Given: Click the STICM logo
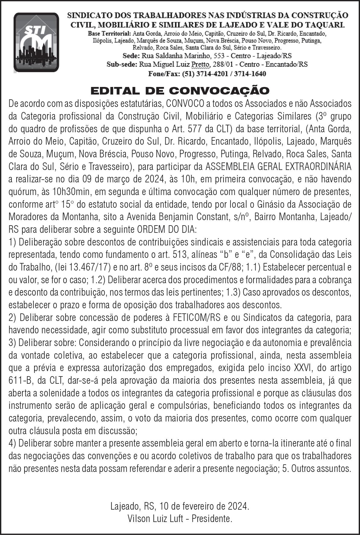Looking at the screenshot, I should pyautogui.click(x=36, y=42).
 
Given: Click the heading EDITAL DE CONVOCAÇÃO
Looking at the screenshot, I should pyautogui.click(x=180, y=91).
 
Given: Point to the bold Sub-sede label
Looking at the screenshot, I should pyautogui.click(x=122, y=65).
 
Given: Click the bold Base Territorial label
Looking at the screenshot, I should pyautogui.click(x=109, y=33).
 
